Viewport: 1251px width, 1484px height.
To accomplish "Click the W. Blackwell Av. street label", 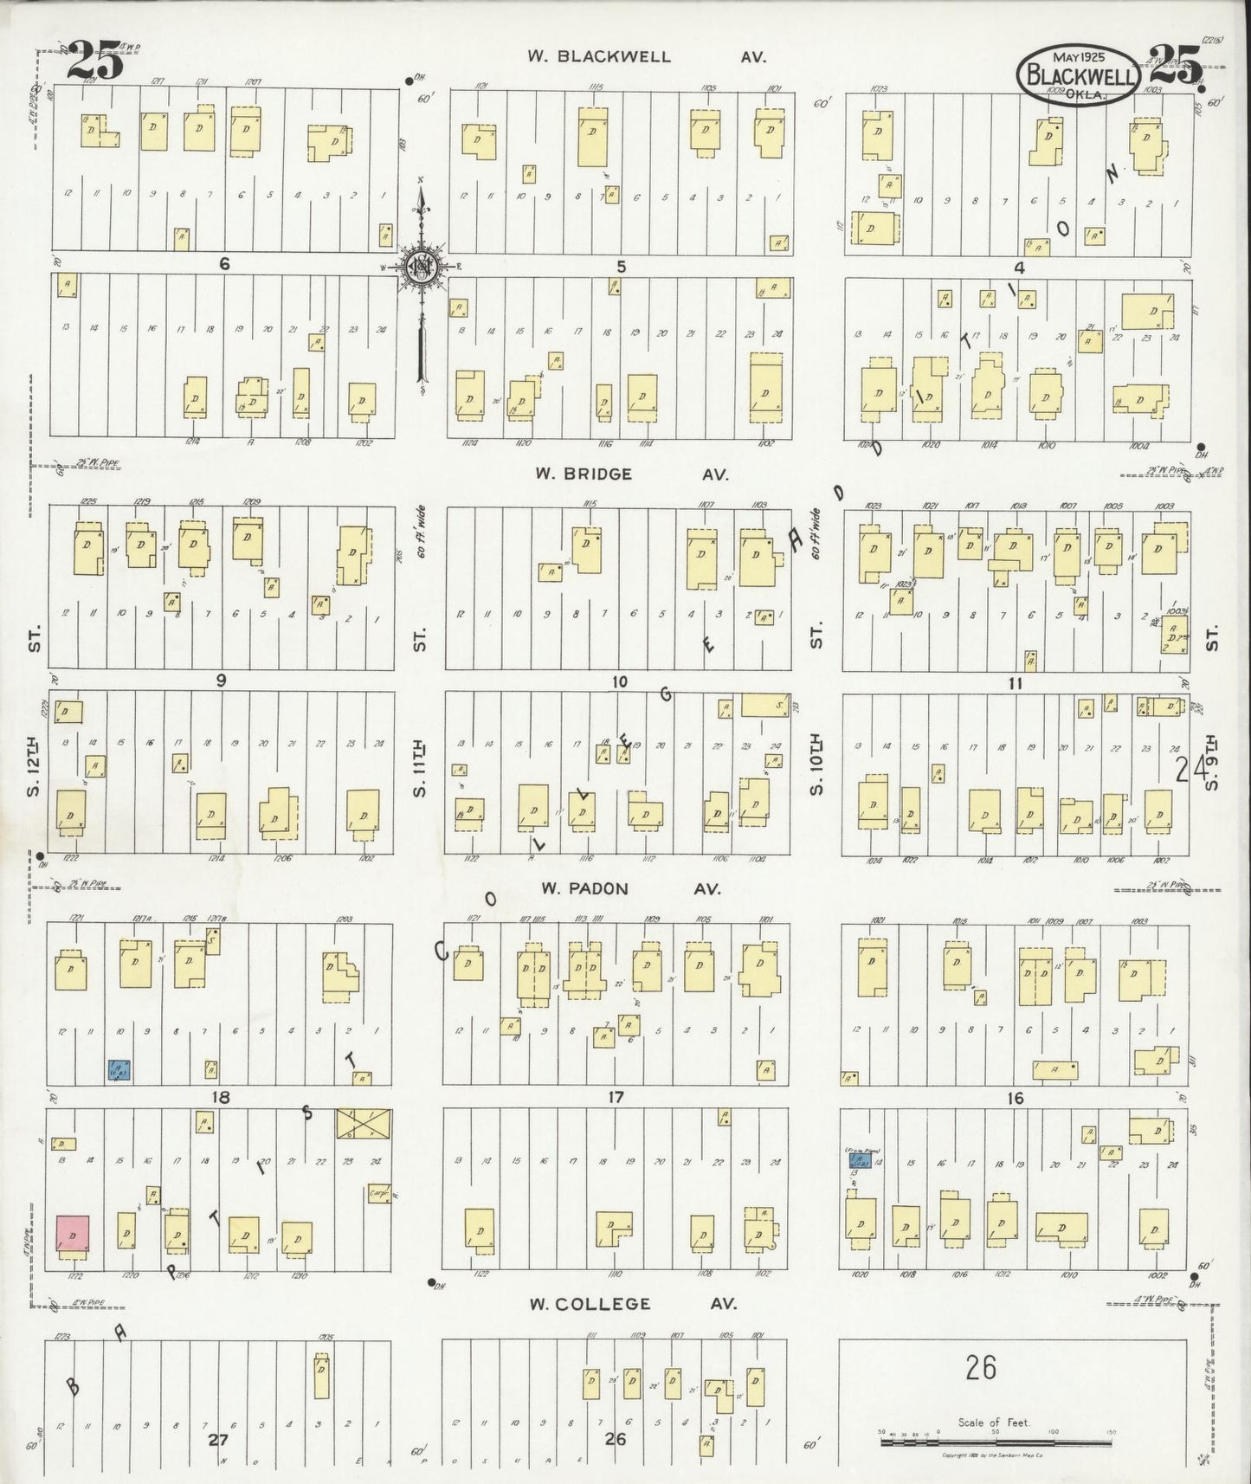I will [x=648, y=57].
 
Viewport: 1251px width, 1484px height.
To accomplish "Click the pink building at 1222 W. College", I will [x=73, y=1233].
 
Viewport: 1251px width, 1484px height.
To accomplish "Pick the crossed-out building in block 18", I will [x=363, y=1124].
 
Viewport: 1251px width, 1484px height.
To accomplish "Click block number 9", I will [x=221, y=681].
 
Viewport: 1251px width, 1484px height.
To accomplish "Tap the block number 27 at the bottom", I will [x=218, y=1440].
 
